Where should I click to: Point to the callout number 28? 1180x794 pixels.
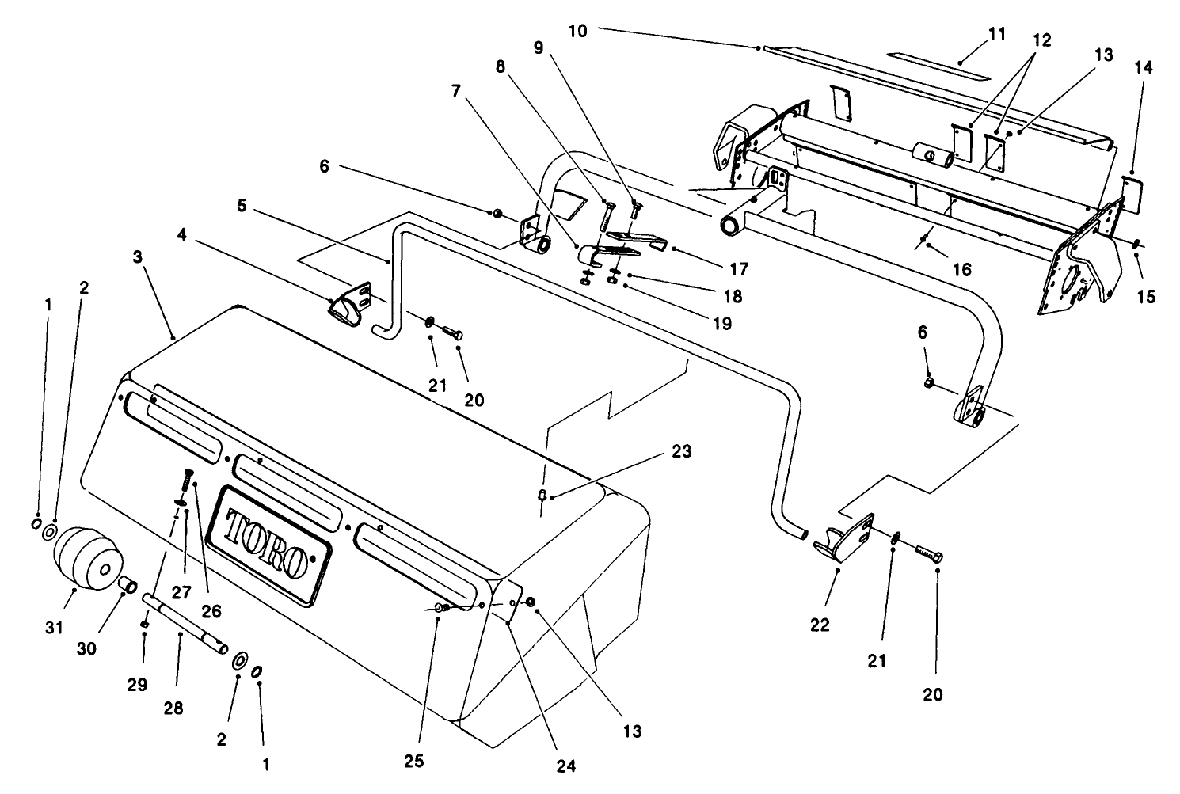pos(173,708)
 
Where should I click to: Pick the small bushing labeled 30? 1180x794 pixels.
pos(128,587)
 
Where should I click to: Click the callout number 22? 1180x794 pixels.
pos(820,625)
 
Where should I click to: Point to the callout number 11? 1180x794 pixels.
pos(996,34)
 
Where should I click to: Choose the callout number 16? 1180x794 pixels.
pos(961,270)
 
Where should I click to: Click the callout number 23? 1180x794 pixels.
pos(681,451)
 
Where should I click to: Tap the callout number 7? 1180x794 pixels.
pos(455,91)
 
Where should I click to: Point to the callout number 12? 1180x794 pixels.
pos(1041,40)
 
